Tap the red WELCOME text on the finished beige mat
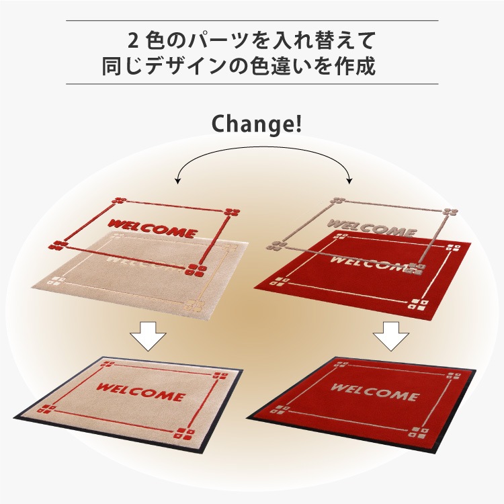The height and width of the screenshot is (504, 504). coord(140,392)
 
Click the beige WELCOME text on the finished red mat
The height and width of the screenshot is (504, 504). coord(375,392)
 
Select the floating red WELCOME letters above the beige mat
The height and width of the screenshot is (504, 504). coord(153,228)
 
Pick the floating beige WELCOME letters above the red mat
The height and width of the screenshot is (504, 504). coord(372,228)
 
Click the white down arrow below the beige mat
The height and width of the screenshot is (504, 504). coord(148,336)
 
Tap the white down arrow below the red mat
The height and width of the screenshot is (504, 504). coord(391,336)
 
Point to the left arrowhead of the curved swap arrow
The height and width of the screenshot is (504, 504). coord(177,181)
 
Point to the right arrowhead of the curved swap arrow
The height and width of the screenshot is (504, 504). coord(349,181)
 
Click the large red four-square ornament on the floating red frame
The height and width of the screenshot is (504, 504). coord(196,270)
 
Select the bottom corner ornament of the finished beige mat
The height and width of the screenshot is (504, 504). coord(184,433)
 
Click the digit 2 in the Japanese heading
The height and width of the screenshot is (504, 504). coord(133,42)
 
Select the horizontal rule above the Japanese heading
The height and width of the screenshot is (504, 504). coord(252,21)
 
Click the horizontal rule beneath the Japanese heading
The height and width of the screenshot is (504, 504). coord(252,84)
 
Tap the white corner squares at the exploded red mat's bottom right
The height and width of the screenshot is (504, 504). coord(420,304)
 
